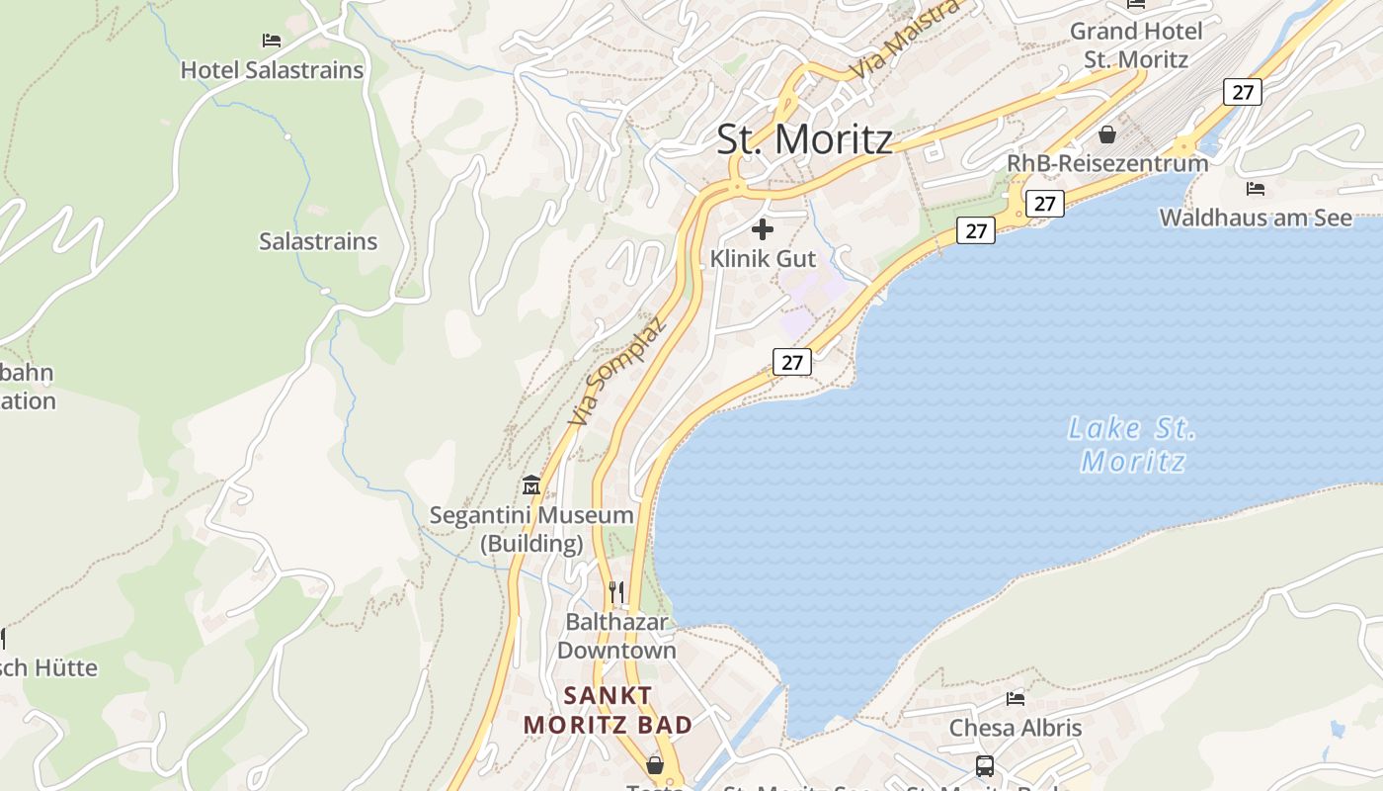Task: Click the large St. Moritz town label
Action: (x=804, y=139)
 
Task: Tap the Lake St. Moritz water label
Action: (x=1132, y=445)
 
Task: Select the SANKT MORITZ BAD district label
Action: (x=608, y=710)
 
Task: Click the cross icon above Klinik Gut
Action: (x=763, y=230)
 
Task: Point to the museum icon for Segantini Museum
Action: (x=531, y=485)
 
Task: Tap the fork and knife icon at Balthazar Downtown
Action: (x=616, y=591)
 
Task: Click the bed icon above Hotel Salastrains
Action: (x=272, y=41)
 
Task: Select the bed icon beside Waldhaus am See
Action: (x=1255, y=188)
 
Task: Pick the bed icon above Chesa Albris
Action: (x=1015, y=698)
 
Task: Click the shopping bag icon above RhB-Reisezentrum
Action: (x=1107, y=133)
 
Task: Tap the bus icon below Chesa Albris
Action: (x=985, y=765)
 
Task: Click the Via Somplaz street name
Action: (x=618, y=372)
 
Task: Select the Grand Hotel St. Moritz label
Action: (x=1136, y=45)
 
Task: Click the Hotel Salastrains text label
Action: (x=272, y=70)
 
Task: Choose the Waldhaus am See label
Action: (x=1255, y=218)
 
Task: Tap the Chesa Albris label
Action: (x=1015, y=728)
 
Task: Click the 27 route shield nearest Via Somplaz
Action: (x=792, y=362)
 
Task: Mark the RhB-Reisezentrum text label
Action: (x=1107, y=163)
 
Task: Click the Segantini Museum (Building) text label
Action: (x=531, y=529)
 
